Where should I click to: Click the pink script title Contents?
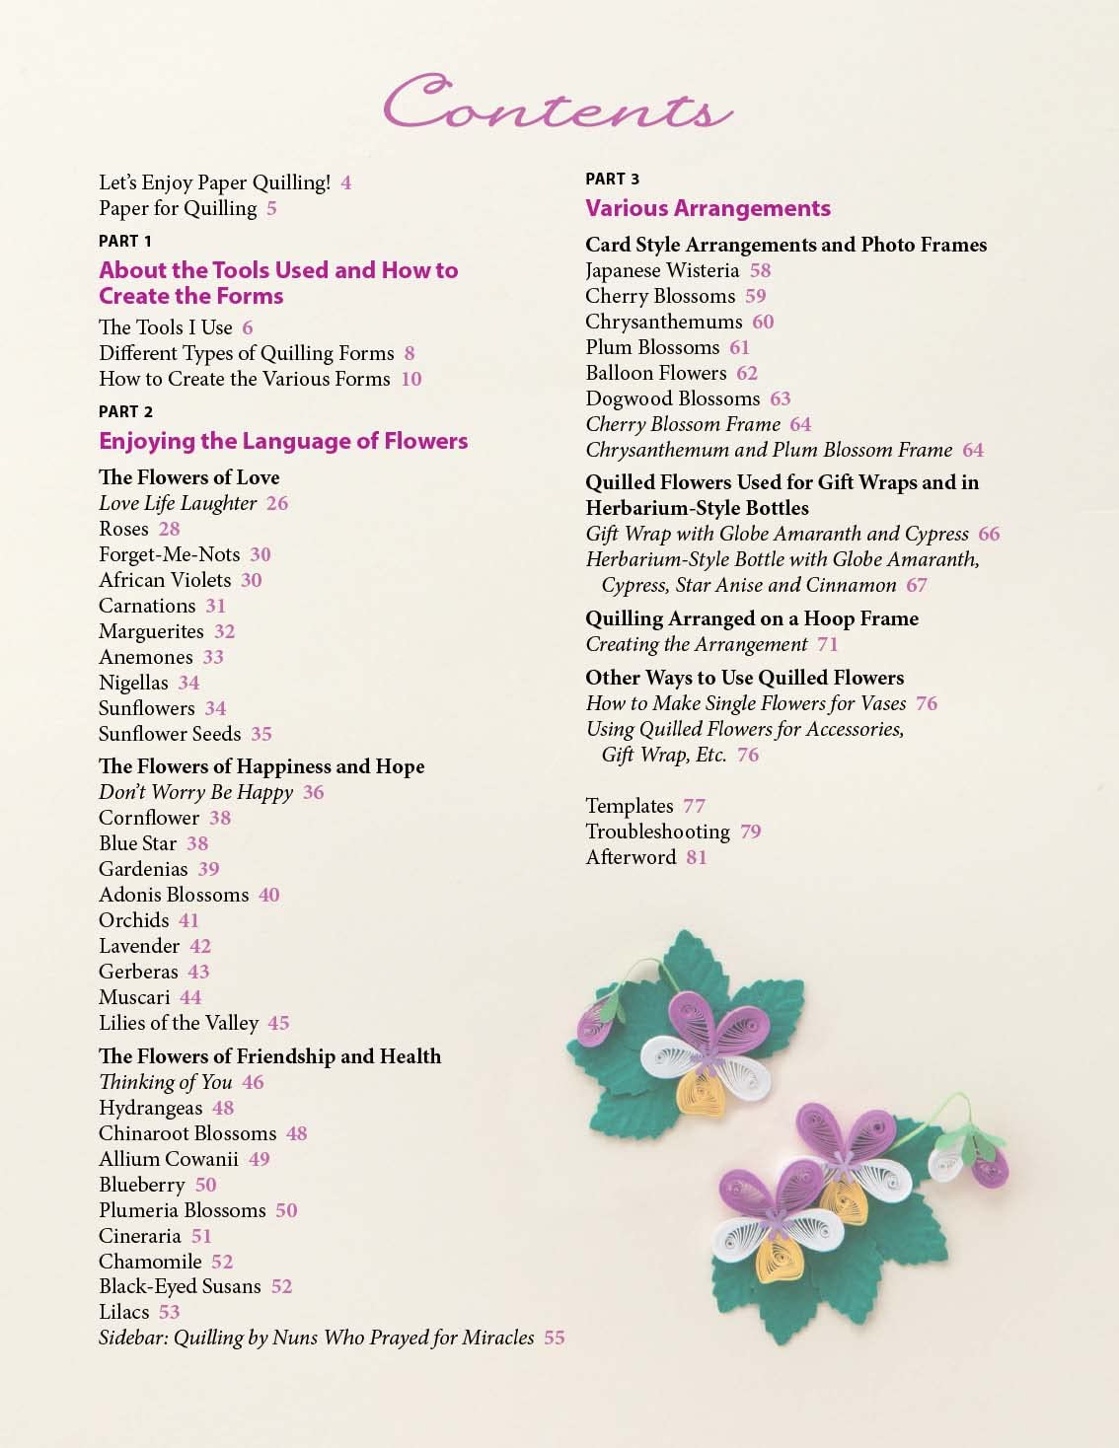[x=558, y=105]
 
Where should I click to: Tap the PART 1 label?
[x=125, y=241]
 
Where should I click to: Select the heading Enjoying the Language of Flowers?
[x=283, y=441]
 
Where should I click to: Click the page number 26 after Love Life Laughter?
[x=277, y=503]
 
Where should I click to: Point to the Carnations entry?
[x=147, y=606]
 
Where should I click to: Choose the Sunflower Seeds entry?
[x=170, y=734]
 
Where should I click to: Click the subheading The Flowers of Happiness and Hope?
[x=261, y=766]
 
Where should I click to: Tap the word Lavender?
[x=139, y=946]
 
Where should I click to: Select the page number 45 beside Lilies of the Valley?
[x=278, y=1023]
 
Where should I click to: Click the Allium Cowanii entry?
[x=169, y=1159]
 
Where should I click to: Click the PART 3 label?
[x=612, y=179]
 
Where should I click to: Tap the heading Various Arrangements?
[x=708, y=208]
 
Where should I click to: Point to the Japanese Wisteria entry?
[x=662, y=270]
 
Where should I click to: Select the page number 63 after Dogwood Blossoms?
[x=781, y=398]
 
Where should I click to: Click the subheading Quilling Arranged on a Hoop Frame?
[x=751, y=618]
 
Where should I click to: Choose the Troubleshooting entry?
[x=657, y=832]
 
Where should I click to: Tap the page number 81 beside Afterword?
[x=697, y=857]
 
